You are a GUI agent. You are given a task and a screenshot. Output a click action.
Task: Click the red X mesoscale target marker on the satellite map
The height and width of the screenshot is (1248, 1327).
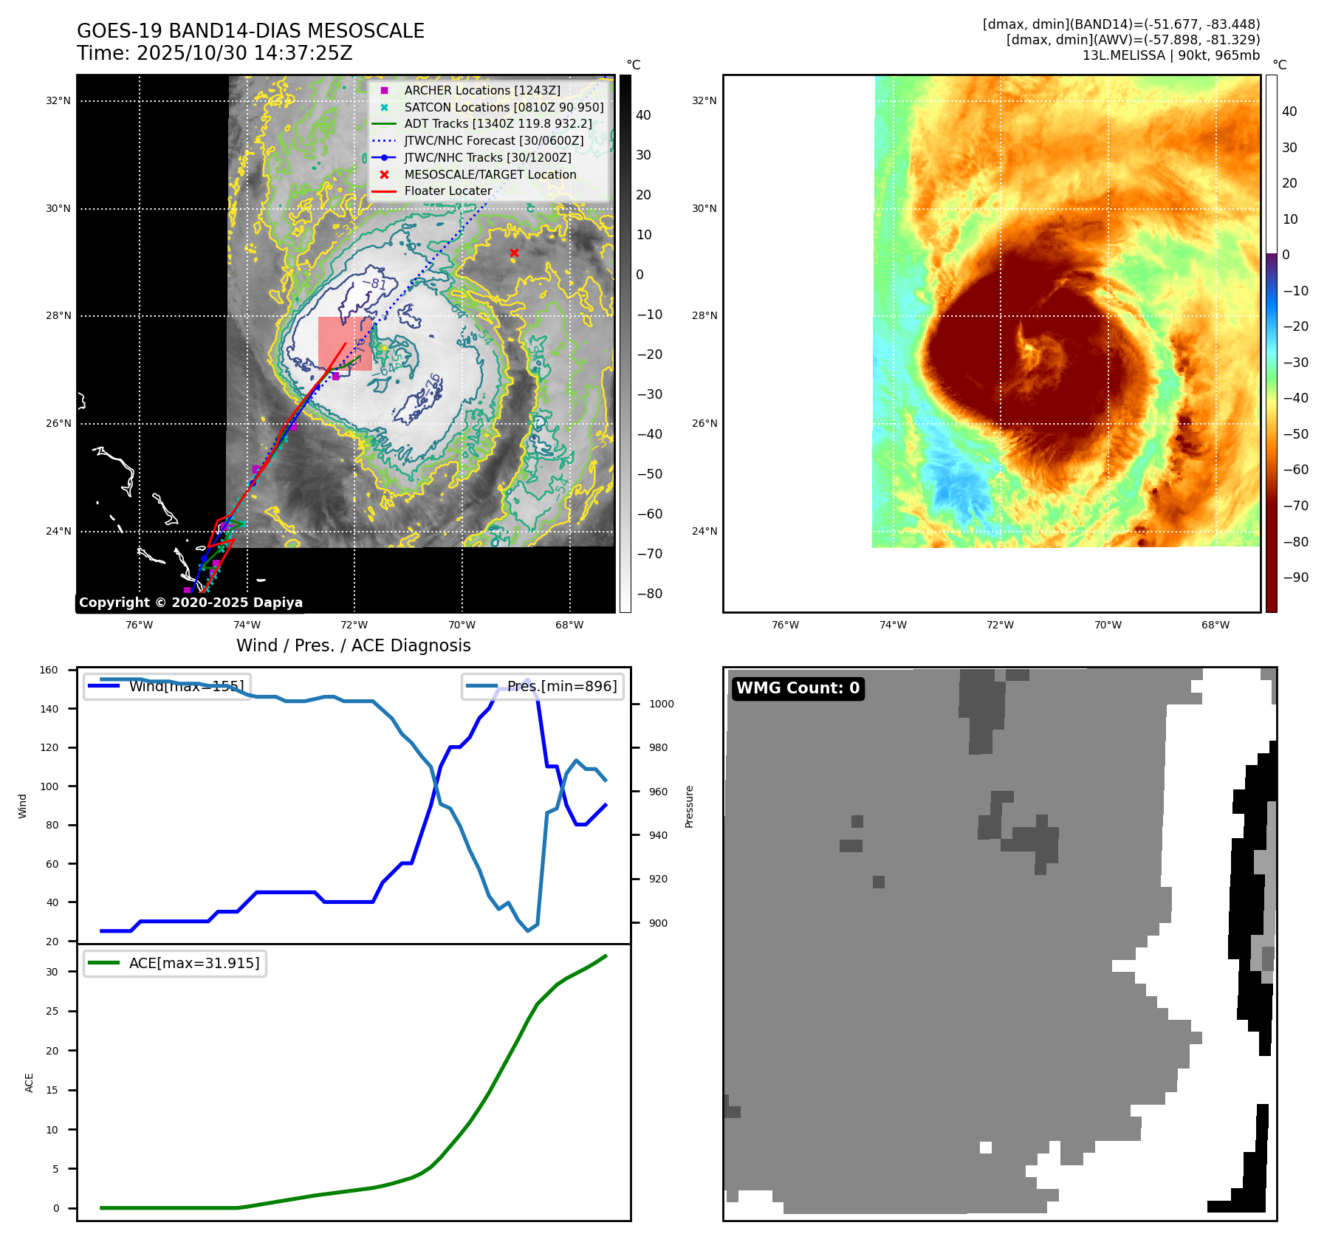pyautogui.click(x=514, y=253)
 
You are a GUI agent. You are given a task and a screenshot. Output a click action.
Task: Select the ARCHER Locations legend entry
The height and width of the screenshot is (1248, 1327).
pyautogui.click(x=481, y=90)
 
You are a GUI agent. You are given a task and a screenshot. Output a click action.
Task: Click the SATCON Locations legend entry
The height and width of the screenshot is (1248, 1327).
pyautogui.click(x=504, y=107)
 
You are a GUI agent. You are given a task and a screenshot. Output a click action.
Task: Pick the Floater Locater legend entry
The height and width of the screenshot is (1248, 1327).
pyautogui.click(x=448, y=191)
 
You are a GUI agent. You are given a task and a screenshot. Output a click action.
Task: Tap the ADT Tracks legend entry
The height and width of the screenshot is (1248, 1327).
pyautogui.click(x=498, y=124)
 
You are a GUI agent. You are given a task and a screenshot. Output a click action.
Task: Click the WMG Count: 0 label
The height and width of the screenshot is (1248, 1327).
pyautogui.click(x=798, y=688)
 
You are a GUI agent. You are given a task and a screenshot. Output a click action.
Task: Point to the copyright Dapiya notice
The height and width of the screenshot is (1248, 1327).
pyautogui.click(x=191, y=603)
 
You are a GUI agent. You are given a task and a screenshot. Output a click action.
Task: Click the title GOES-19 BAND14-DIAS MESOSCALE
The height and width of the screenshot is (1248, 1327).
pyautogui.click(x=250, y=31)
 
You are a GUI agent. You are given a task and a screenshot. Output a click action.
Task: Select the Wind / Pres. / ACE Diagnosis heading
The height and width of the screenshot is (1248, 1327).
pyautogui.click(x=353, y=645)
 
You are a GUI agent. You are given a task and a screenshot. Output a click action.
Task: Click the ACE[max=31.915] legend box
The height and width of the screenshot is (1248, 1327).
pyautogui.click(x=176, y=963)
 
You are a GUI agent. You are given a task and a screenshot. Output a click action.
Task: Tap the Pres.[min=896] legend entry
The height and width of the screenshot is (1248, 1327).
pyautogui.click(x=544, y=686)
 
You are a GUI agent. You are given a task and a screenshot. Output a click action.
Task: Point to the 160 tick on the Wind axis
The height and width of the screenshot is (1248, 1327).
pyautogui.click(x=49, y=671)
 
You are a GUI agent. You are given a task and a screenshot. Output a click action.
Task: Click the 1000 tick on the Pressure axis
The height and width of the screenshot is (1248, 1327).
pyautogui.click(x=661, y=704)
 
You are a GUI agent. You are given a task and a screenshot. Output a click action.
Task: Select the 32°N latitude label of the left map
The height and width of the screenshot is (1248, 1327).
pyautogui.click(x=58, y=101)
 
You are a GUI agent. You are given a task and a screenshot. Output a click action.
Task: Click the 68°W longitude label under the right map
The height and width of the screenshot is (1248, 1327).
pyautogui.click(x=1215, y=625)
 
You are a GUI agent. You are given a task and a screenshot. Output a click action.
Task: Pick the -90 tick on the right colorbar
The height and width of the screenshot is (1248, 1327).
pyautogui.click(x=1295, y=577)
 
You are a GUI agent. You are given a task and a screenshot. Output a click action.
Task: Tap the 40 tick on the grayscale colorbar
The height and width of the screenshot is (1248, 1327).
pyautogui.click(x=643, y=115)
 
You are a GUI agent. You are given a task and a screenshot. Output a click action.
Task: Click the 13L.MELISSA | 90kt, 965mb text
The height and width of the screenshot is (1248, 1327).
pyautogui.click(x=1170, y=55)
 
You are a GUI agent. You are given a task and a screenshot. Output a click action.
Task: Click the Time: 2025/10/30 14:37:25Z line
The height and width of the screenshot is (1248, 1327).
pyautogui.click(x=214, y=53)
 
